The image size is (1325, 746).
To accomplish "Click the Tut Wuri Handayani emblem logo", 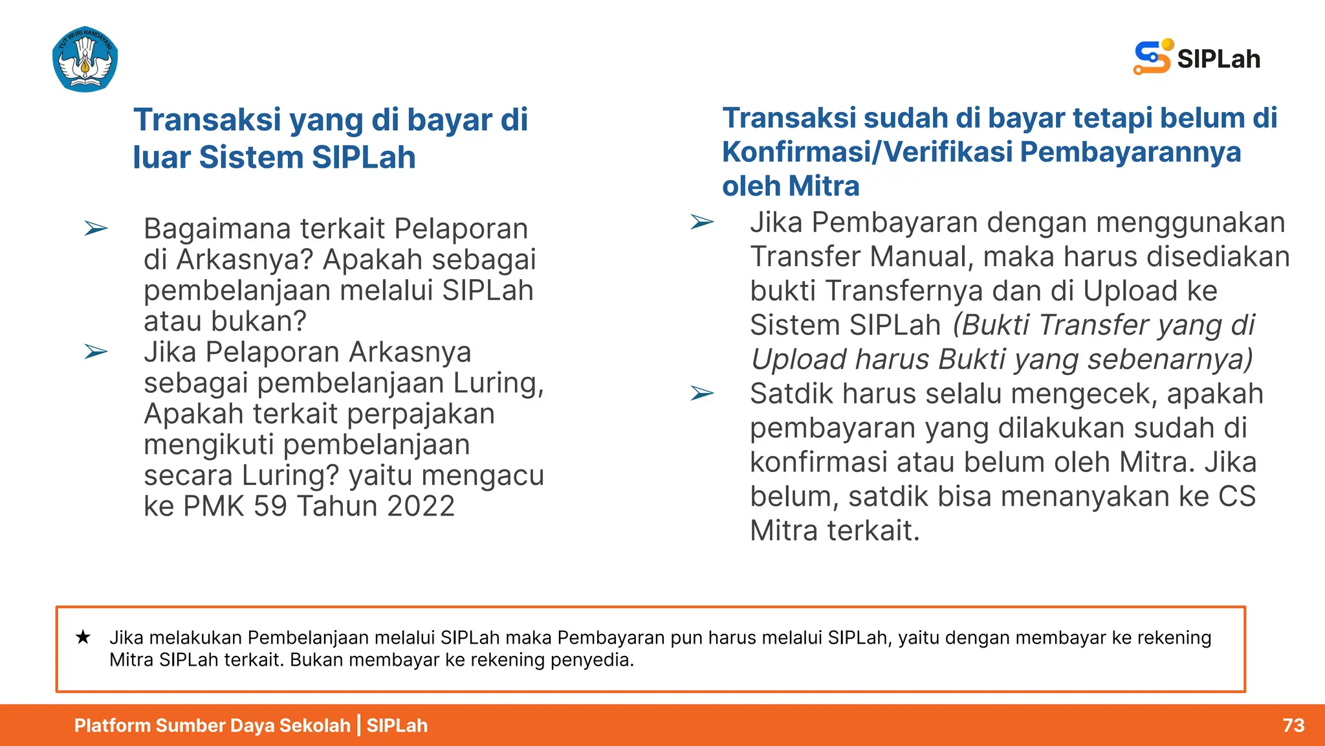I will (x=85, y=60).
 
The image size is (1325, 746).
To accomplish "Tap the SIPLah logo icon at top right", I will (x=1152, y=57).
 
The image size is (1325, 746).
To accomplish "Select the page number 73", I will (x=1293, y=725).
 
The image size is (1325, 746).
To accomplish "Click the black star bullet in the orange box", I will (x=83, y=637).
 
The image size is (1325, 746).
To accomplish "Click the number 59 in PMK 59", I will (x=270, y=506).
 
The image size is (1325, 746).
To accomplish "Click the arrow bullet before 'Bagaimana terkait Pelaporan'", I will (x=96, y=229).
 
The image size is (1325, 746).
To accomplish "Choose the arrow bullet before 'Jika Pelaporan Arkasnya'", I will (x=96, y=352).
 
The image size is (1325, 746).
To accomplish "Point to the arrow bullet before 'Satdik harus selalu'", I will (x=702, y=393).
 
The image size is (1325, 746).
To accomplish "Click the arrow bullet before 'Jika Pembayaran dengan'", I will (x=702, y=222).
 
